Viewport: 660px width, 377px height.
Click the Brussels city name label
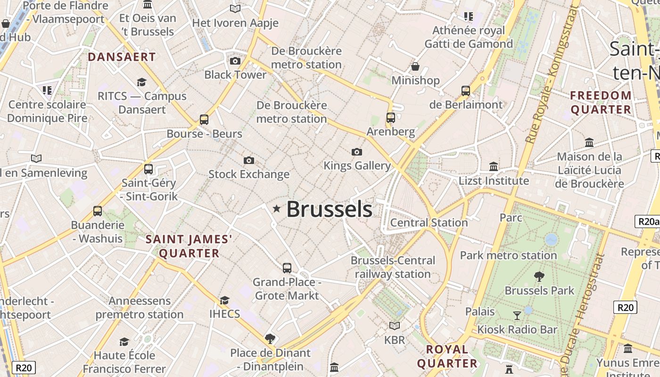point(329,210)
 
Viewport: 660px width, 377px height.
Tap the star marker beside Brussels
point(277,208)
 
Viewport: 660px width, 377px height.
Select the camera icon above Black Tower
point(235,61)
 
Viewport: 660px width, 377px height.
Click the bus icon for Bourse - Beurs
point(204,120)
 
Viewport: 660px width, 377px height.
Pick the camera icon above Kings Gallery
point(357,152)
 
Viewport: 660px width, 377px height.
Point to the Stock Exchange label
point(249,174)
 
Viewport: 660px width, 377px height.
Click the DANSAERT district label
point(122,57)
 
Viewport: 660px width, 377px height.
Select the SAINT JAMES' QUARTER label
point(189,246)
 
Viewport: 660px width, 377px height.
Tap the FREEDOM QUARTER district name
point(601,103)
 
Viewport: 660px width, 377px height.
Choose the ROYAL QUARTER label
point(447,356)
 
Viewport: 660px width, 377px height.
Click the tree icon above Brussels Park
point(539,277)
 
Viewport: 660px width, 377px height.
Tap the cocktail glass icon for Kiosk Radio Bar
point(517,315)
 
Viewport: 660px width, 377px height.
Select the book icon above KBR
point(395,326)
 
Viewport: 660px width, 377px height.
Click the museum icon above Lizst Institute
point(494,166)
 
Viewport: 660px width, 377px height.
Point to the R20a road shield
point(647,221)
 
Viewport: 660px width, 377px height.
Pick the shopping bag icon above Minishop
point(415,66)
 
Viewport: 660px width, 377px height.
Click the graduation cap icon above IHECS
point(224,300)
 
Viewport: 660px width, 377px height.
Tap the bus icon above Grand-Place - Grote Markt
point(287,268)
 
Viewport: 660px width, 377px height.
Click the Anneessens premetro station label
point(140,308)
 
